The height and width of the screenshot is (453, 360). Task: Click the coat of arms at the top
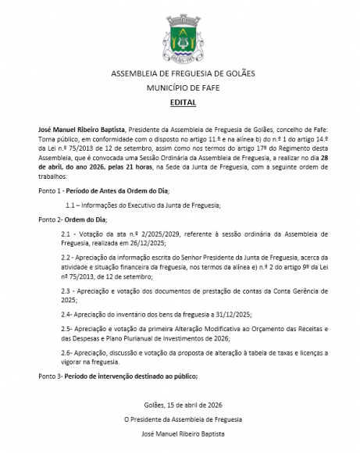point(180,39)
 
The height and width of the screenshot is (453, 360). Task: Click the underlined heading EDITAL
point(180,102)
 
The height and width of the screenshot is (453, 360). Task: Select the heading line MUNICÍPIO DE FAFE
point(180,88)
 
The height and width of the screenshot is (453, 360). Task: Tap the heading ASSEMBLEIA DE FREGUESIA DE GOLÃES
point(180,75)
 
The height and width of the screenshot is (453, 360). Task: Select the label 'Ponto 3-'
point(51,376)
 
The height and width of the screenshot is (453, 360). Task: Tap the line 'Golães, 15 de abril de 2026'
point(180,404)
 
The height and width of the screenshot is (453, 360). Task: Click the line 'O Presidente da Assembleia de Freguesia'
point(180,418)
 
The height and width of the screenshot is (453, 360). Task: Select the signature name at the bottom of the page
point(180,432)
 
